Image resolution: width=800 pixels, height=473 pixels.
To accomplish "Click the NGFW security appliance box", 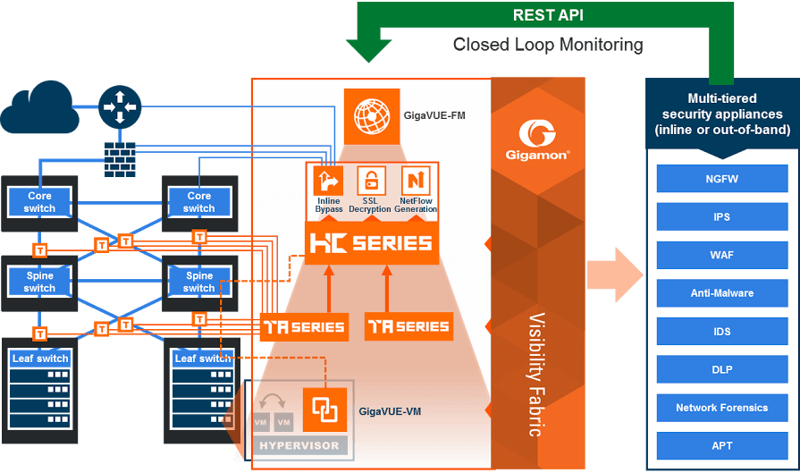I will tap(721, 179).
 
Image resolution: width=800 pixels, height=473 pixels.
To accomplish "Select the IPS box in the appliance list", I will tap(721, 217).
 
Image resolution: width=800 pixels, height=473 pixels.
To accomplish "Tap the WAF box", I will tap(721, 255).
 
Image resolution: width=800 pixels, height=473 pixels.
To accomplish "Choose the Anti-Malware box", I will tap(721, 293).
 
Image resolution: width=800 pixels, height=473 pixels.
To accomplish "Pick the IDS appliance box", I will tap(721, 332).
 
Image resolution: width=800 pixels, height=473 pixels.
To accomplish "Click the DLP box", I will tap(721, 369).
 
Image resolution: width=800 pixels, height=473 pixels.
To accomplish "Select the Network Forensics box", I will tap(721, 408).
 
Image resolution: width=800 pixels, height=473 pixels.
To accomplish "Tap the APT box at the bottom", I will tap(721, 445).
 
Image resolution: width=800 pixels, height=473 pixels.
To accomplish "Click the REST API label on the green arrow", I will tap(548, 15).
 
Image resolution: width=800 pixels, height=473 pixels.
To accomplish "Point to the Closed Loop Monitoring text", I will tap(547, 44).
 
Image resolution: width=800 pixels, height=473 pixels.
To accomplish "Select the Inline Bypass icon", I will tap(328, 182).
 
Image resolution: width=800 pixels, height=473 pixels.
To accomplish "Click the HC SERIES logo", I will tap(370, 242).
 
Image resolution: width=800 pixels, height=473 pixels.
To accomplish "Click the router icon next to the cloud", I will tap(118, 106).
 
